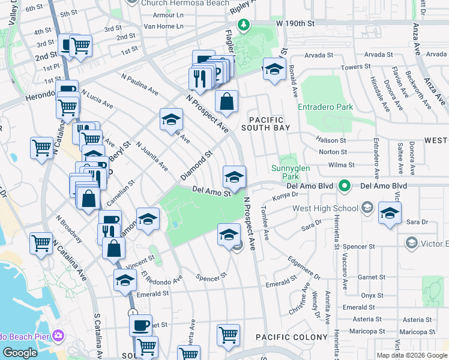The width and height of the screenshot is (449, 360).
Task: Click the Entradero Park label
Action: click(325, 107)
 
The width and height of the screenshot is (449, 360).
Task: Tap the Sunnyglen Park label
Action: click(290, 173)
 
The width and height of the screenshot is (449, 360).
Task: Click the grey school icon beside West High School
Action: click(367, 208)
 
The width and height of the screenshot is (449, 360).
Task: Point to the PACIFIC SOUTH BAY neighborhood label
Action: click(266, 124)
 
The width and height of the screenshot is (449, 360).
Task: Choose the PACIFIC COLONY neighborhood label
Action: click(286, 338)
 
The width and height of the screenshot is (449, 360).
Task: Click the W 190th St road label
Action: click(295, 23)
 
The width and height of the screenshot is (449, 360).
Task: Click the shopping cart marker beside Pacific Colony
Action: click(228, 335)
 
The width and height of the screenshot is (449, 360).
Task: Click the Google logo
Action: click(20, 353)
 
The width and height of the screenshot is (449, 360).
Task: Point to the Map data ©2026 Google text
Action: click(411, 355)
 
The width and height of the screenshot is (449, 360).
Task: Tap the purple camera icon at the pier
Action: click(58, 335)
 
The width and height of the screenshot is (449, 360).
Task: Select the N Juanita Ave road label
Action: click(152, 156)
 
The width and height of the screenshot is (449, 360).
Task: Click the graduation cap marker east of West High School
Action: click(390, 214)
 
